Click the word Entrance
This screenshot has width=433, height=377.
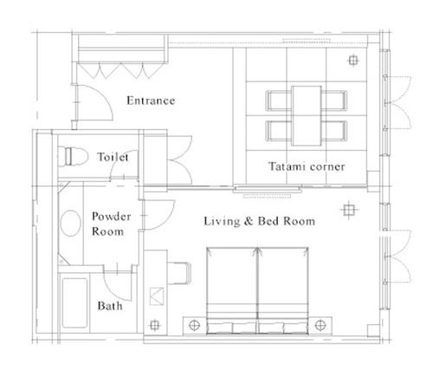[151, 101]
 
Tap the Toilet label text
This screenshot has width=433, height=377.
[113, 157]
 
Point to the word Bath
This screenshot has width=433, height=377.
[109, 306]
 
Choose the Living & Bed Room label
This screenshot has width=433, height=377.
[258, 221]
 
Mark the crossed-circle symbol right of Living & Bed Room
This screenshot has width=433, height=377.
[348, 210]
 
